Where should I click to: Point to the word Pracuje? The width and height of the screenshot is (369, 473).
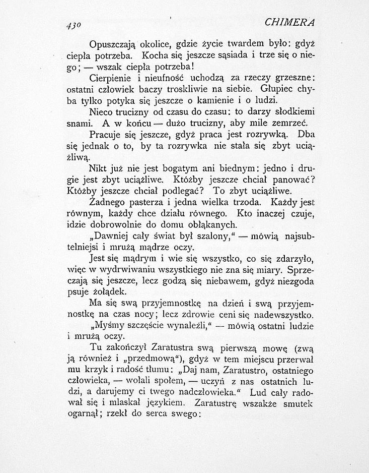pos(105,135)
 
